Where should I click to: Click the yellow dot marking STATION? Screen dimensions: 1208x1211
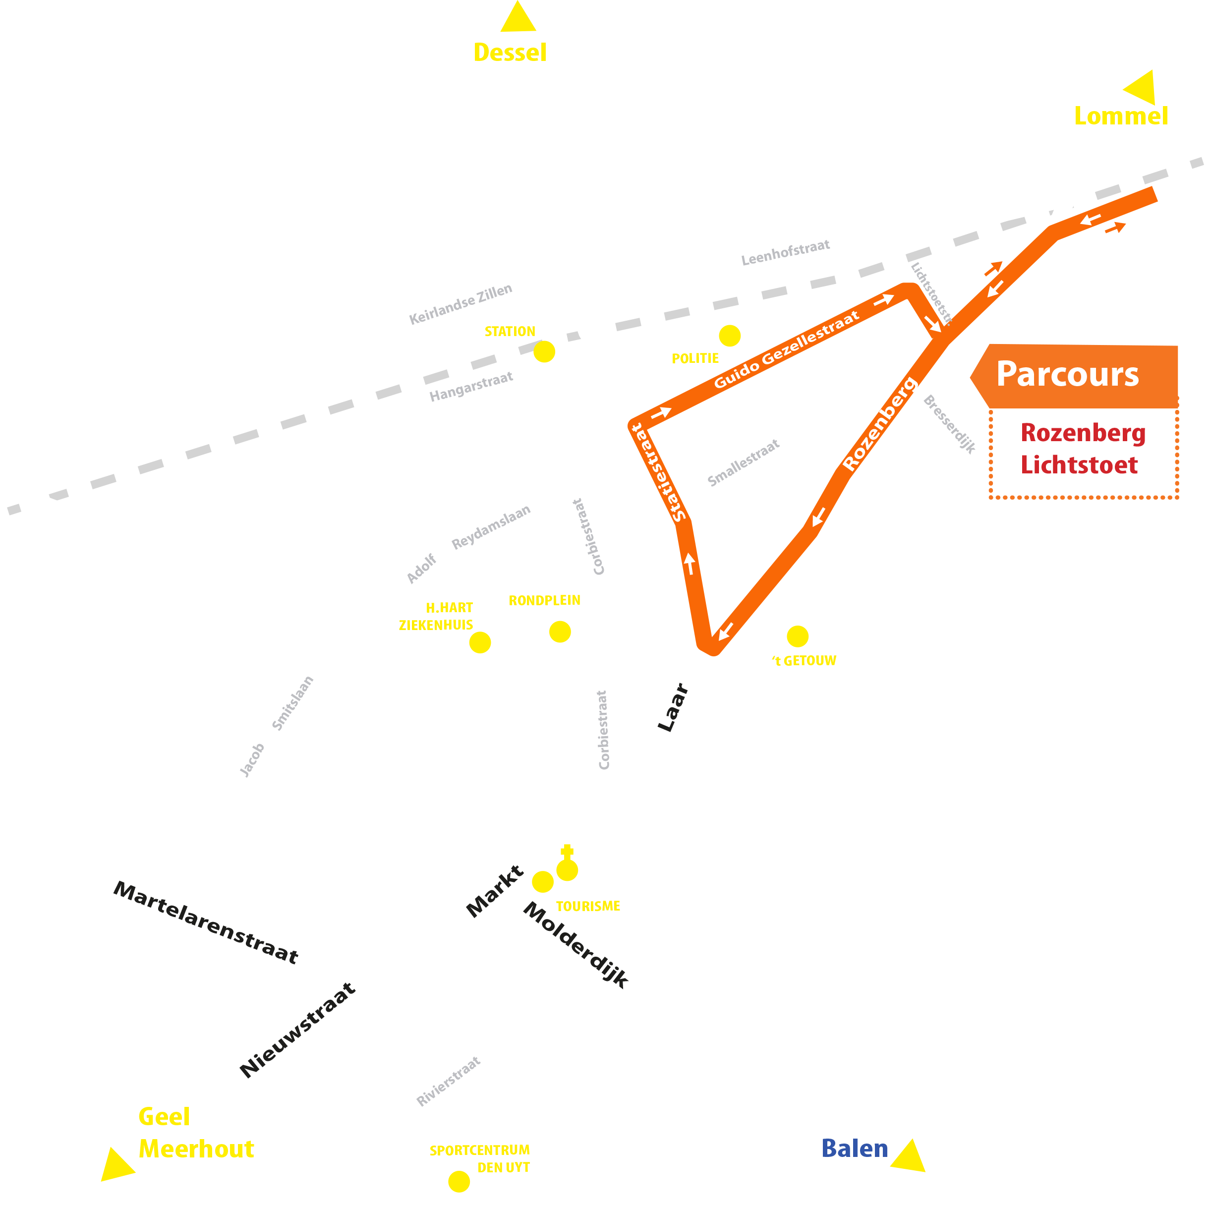[544, 351]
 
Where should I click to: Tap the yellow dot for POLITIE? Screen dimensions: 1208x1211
[730, 336]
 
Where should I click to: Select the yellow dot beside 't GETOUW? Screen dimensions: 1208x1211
[797, 636]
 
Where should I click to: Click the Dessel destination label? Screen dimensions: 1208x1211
[510, 53]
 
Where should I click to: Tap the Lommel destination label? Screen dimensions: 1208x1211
[1121, 116]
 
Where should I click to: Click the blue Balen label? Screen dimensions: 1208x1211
[855, 1149]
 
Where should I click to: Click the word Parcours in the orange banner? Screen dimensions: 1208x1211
[1067, 375]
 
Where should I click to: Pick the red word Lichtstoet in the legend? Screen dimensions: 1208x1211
[1079, 465]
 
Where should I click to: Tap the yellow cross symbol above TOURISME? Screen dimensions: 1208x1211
[567, 851]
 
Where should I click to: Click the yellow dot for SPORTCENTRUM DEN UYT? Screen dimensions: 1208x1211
[459, 1182]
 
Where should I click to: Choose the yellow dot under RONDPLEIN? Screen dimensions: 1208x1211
[560, 632]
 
